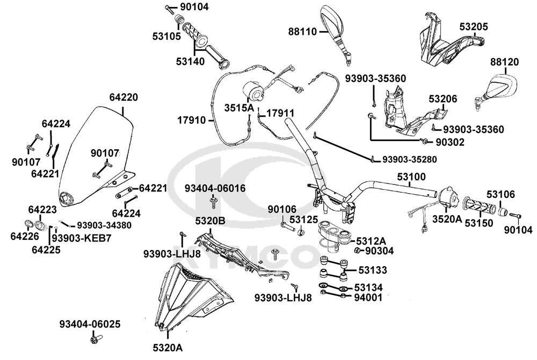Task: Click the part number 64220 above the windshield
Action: click(x=124, y=98)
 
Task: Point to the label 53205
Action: click(x=474, y=26)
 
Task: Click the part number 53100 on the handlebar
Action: click(x=411, y=176)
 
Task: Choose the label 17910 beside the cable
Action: click(x=192, y=120)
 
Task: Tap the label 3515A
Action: click(x=239, y=107)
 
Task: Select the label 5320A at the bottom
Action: click(x=168, y=348)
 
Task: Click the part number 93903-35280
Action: click(x=410, y=159)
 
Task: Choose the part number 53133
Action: click(x=372, y=269)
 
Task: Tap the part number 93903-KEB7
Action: click(x=82, y=237)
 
